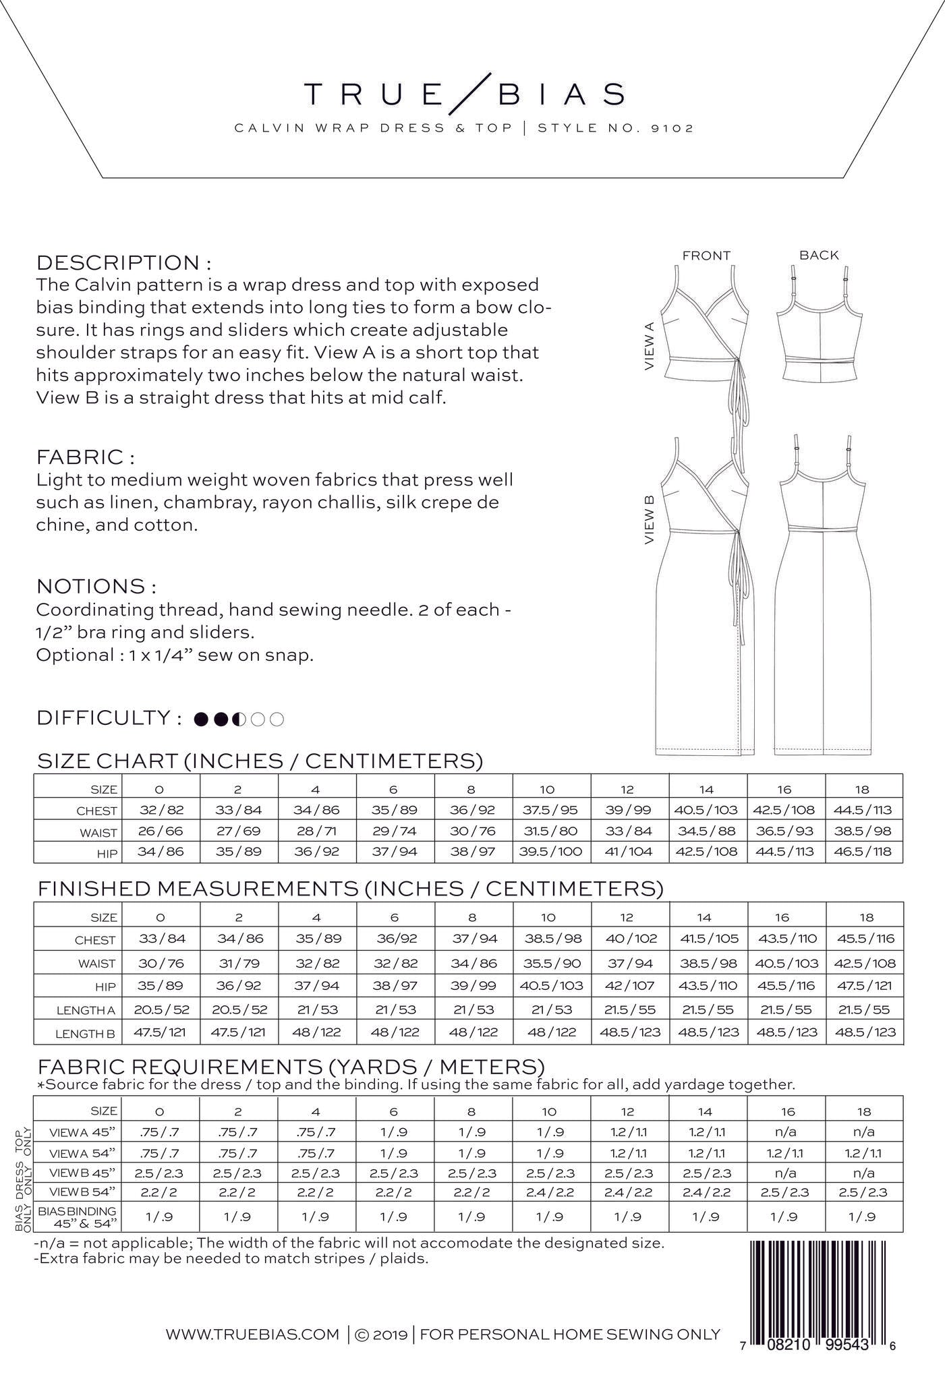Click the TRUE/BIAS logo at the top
point(464,95)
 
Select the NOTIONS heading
point(96,585)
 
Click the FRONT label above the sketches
point(706,256)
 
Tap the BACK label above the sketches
point(819,256)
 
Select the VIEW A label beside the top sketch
point(650,345)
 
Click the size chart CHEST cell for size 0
point(160,810)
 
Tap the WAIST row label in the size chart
point(98,833)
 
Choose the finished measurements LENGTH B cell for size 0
point(160,1032)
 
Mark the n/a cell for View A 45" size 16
point(786,1132)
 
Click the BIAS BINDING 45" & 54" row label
point(78,1216)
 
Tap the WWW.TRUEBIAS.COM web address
point(252,1334)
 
